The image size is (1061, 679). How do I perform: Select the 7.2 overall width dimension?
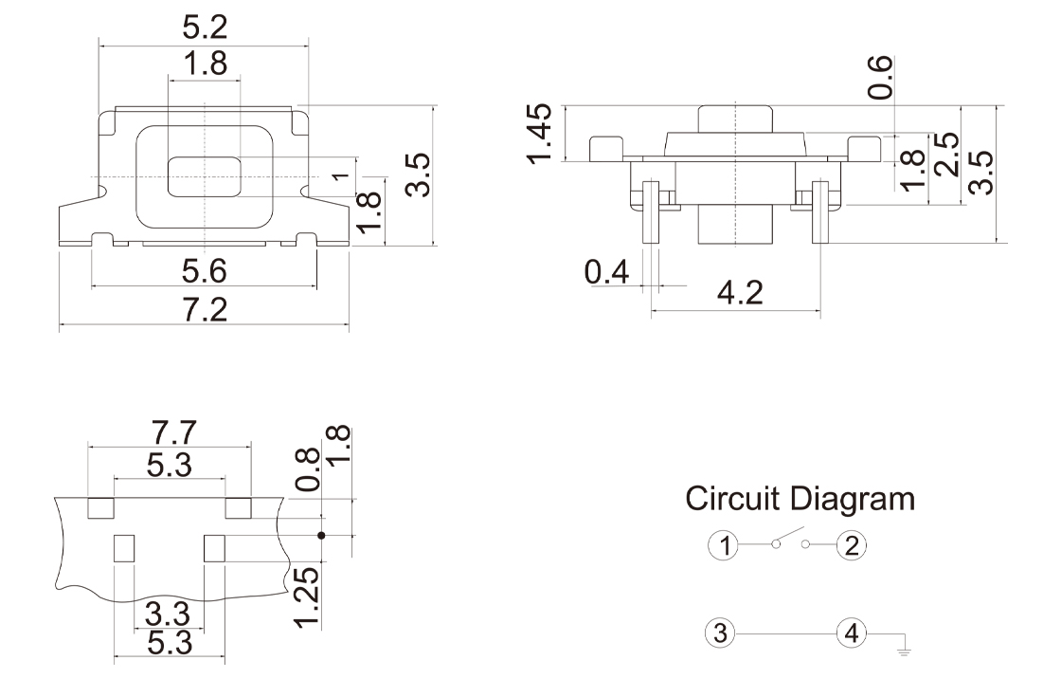point(206,310)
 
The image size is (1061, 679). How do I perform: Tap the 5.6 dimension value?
point(205,271)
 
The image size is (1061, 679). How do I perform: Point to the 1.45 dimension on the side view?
point(540,134)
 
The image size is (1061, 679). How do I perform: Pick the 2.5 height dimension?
point(945,154)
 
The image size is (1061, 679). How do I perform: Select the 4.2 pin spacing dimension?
point(741,292)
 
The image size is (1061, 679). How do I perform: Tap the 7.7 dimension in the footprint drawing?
point(173,431)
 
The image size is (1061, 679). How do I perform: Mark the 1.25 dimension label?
point(306,596)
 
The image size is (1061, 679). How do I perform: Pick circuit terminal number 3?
point(723,633)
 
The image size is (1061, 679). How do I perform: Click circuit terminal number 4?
point(852,633)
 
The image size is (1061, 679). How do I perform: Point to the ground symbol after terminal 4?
point(904,651)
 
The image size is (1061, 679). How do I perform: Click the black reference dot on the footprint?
point(321,536)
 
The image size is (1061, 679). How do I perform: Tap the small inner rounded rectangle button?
point(205,177)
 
